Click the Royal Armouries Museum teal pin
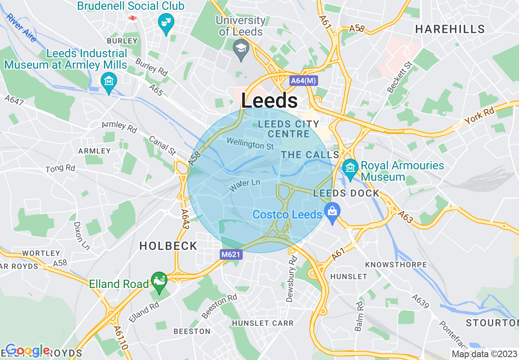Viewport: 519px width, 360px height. (x=350, y=167)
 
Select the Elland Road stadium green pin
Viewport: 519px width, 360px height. (x=159, y=281)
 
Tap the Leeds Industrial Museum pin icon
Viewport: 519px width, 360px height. (x=109, y=81)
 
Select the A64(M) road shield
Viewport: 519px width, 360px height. (x=303, y=81)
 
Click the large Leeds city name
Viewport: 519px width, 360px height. (x=269, y=101)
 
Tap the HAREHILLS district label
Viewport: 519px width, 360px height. (x=450, y=29)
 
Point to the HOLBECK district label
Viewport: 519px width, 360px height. (x=168, y=246)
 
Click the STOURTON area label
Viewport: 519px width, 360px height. (x=492, y=323)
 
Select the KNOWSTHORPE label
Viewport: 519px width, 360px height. (x=396, y=265)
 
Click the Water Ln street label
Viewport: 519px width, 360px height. (x=245, y=186)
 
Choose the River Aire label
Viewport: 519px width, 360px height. (x=21, y=28)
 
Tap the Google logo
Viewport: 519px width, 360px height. (x=27, y=350)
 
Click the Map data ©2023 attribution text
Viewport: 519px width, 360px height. (x=483, y=353)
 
